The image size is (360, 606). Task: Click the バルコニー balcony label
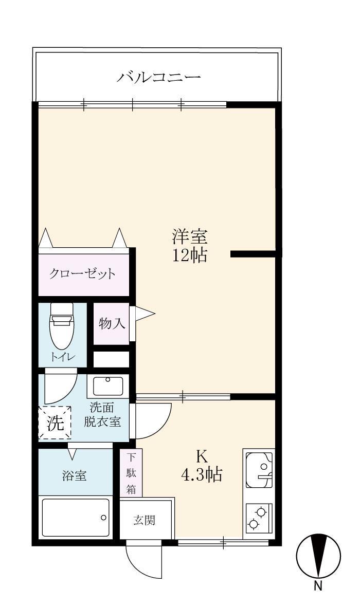coord(158,78)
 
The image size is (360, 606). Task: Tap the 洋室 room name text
coord(189,237)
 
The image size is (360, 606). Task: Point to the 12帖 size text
coord(189,255)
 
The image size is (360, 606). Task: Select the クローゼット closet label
coord(82,273)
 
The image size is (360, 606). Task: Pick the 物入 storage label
coord(111,324)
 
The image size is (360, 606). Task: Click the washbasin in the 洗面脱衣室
coord(107,385)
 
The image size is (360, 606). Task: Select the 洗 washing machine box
coord(55,423)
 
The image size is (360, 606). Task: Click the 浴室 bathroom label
coord(75,475)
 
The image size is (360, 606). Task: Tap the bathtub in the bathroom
coord(76,517)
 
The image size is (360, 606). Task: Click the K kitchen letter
coord(202,456)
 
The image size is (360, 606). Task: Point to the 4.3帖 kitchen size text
coord(202,475)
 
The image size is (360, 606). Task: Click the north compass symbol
coord(318,556)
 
